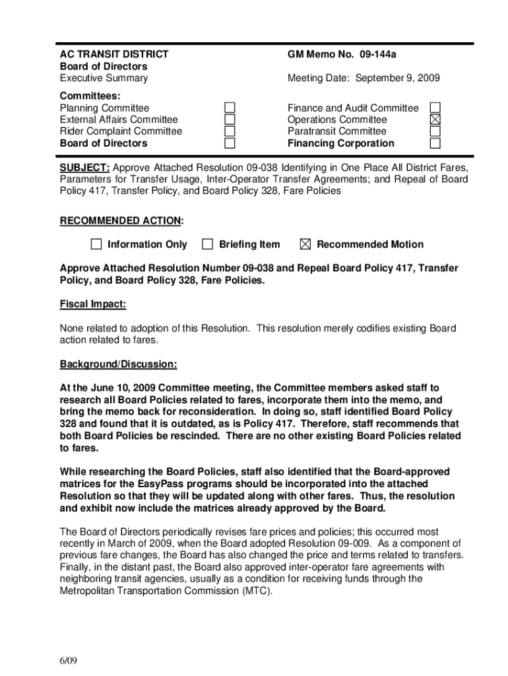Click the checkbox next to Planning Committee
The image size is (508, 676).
click(x=229, y=108)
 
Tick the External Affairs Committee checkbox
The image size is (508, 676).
click(x=229, y=119)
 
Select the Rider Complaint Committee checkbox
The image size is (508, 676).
click(x=229, y=131)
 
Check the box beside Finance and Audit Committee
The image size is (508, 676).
click(x=435, y=108)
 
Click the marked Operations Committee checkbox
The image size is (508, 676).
click(x=435, y=119)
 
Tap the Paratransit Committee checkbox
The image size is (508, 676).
click(x=435, y=131)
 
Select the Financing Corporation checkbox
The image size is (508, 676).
click(x=435, y=143)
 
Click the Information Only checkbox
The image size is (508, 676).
click(x=96, y=244)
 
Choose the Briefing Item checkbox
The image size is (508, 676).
click(x=208, y=244)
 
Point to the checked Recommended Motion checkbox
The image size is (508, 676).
click(x=305, y=244)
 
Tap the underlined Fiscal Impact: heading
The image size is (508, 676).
click(x=93, y=304)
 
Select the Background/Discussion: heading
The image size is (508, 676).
click(x=118, y=364)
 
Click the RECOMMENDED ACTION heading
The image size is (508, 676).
click(x=121, y=220)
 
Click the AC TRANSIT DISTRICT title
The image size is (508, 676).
click(x=113, y=54)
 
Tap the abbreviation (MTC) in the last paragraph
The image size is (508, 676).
click(x=257, y=591)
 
